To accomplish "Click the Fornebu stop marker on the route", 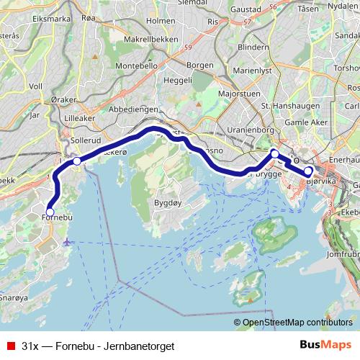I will point(50,212).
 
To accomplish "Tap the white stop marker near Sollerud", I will point(77,161).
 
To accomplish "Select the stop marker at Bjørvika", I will point(308,171).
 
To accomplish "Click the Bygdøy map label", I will point(166,203).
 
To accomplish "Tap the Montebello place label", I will point(138,65).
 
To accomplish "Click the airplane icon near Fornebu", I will point(67,240).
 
